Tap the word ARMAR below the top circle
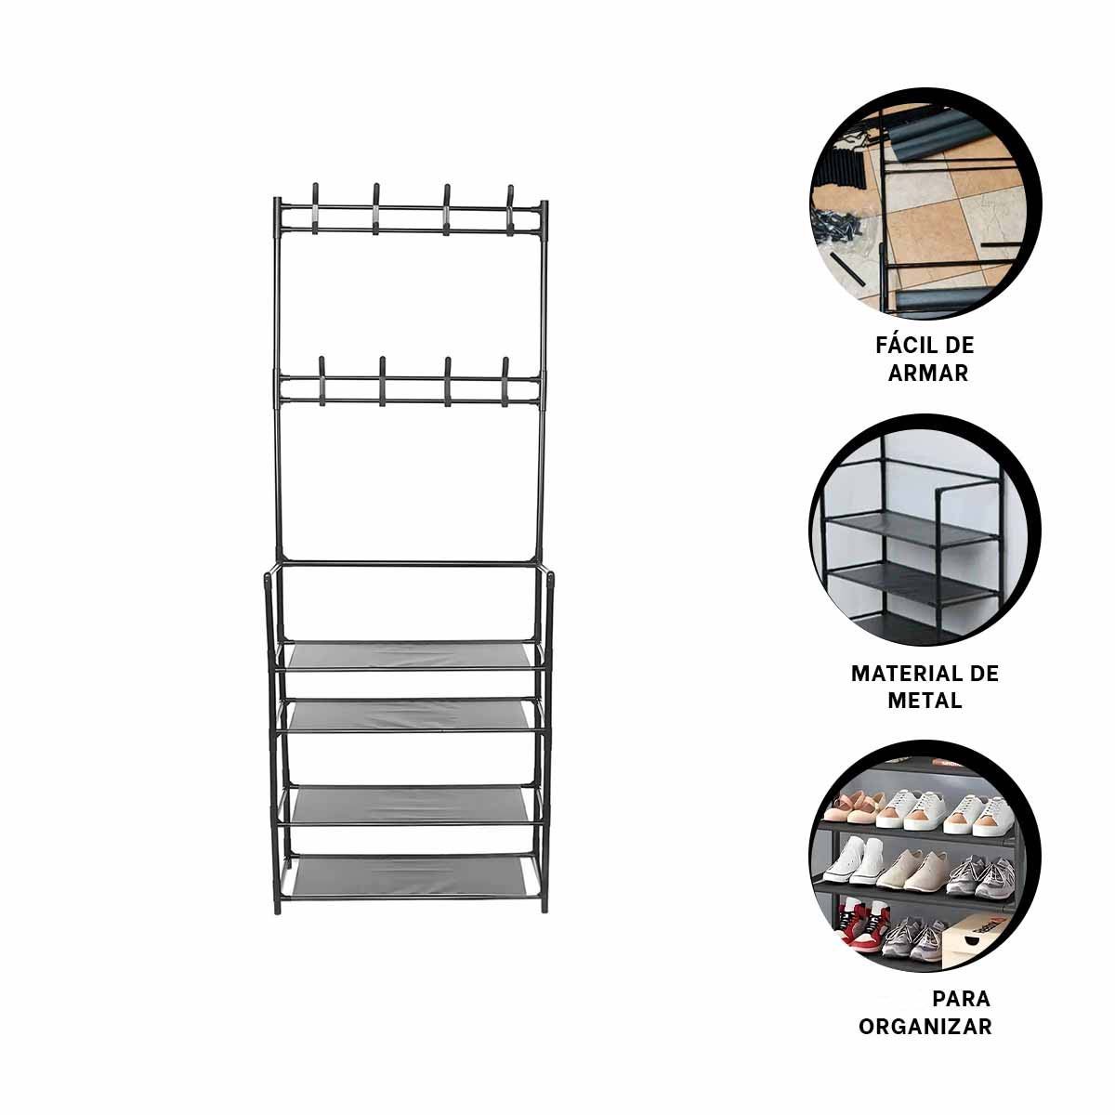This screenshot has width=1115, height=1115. [x=928, y=374]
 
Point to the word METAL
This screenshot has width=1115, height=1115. [x=925, y=701]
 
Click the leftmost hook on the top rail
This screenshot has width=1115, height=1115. [x=316, y=209]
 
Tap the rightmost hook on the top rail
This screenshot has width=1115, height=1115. [x=510, y=210]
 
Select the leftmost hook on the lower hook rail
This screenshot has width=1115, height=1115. [x=322, y=381]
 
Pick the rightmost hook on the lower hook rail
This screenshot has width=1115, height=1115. [x=505, y=381]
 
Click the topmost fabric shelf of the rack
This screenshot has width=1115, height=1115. [x=410, y=656]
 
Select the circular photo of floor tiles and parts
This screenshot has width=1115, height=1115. [x=925, y=203]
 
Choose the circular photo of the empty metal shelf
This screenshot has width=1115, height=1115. [x=925, y=530]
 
